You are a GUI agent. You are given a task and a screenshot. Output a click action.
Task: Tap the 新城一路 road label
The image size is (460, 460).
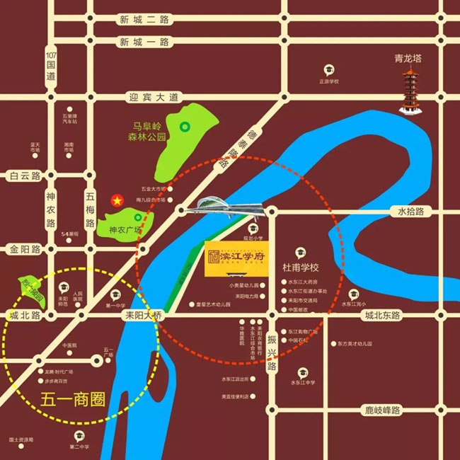144,42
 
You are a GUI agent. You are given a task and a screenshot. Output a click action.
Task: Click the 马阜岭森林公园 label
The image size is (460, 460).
146,132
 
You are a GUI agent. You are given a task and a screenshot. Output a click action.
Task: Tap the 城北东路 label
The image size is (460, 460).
381,314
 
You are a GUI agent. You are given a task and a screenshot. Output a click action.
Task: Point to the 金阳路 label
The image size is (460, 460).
22,250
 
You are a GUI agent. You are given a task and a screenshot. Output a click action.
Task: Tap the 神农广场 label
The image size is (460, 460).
124,230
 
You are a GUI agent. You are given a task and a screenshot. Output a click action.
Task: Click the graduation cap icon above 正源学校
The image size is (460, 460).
329,70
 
